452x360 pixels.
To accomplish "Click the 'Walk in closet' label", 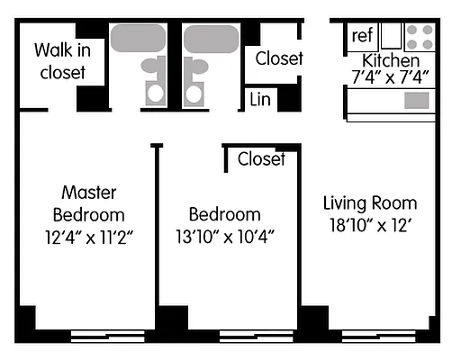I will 62,60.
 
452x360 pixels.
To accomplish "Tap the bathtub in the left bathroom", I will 138,39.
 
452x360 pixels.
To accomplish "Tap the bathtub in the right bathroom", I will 212,39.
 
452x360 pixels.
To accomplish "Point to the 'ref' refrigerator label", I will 362,35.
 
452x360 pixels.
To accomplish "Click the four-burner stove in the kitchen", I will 419,36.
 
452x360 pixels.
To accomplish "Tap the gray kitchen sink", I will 417,100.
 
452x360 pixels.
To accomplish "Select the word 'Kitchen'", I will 390,60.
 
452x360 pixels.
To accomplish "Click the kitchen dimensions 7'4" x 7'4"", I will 390,77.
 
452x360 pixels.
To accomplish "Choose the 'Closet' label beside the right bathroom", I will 278,58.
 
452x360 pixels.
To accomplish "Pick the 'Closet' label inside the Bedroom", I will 261,159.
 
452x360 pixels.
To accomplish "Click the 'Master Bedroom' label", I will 88,203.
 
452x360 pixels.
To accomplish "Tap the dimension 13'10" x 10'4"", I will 224,237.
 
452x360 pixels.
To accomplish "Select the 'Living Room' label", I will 370,202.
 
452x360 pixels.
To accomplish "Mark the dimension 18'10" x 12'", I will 370,226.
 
